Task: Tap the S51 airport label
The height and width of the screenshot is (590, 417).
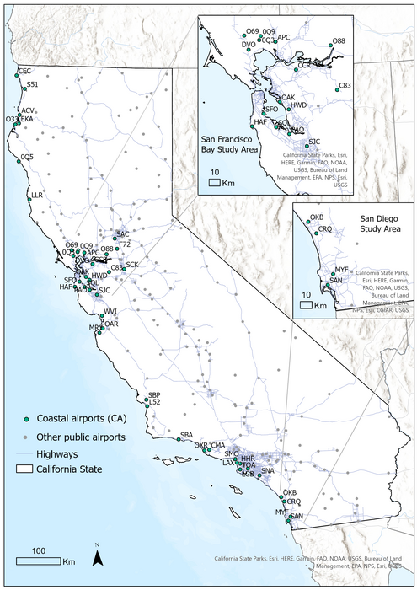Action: coord(33,84)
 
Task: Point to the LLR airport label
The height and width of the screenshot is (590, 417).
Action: coord(36,195)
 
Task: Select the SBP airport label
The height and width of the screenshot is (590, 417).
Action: coord(153,395)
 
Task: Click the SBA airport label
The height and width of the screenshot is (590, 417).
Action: coord(186,434)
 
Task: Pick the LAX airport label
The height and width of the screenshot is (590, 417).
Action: coord(227,463)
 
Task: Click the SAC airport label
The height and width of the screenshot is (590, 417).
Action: coord(122,233)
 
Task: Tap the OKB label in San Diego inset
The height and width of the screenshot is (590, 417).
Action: coord(318,217)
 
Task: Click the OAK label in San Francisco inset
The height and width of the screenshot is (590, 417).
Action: coord(288,99)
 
